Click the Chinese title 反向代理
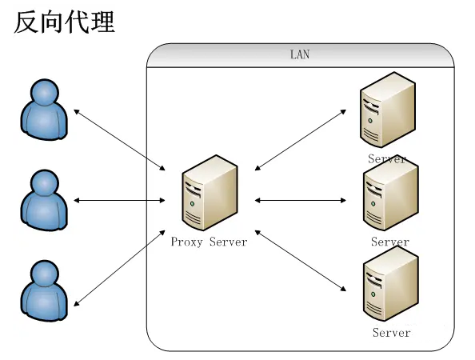point(64,22)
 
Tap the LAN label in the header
point(300,54)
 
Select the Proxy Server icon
point(210,193)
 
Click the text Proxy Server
point(209,242)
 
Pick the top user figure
point(44,110)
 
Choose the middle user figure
point(44,200)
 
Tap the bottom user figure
point(44,291)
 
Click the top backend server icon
point(388,110)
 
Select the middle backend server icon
point(391,194)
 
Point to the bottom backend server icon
point(391,284)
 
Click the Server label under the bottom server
point(391,333)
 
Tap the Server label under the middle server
point(390,242)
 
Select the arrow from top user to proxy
point(119,140)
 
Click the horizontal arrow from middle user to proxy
point(119,200)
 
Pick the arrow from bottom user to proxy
point(119,268)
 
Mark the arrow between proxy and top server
point(301,140)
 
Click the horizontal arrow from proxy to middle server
point(301,200)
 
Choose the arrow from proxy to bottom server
point(301,261)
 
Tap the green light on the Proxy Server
point(192,204)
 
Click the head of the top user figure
point(45,92)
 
